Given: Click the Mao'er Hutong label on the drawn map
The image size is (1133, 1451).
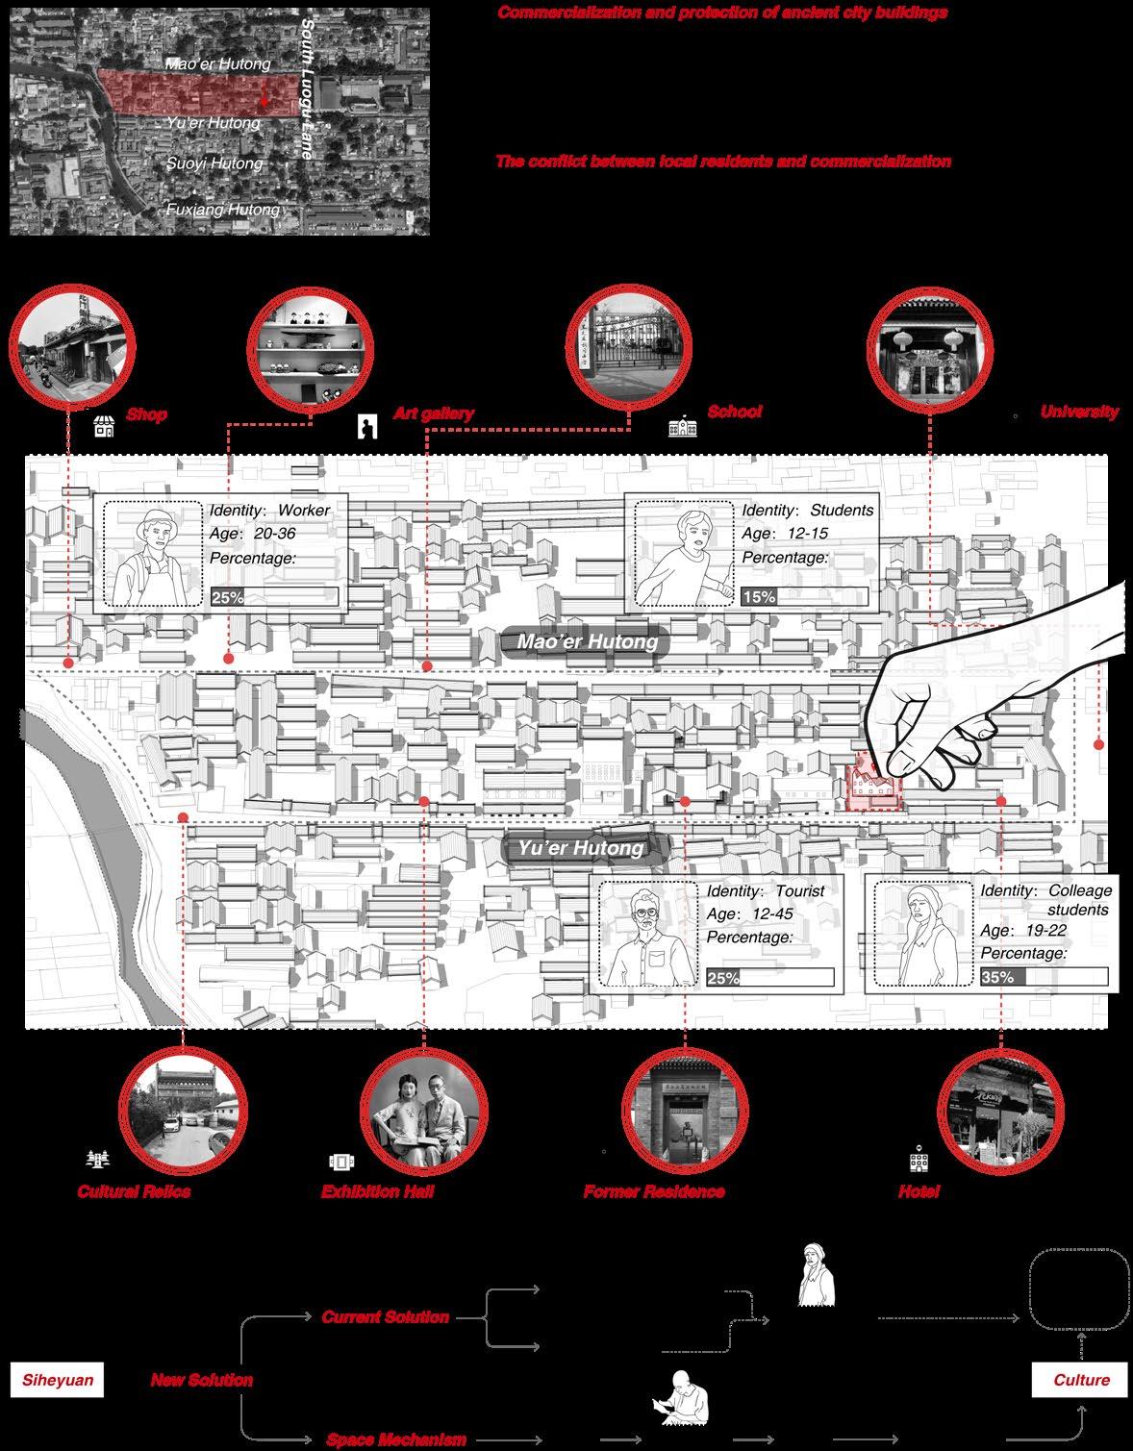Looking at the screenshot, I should (587, 642).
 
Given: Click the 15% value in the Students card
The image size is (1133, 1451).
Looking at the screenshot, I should (759, 597).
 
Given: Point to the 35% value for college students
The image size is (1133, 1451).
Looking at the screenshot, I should (998, 977).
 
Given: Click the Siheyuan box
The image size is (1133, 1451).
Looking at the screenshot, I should (59, 1380).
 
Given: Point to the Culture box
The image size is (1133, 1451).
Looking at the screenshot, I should (1081, 1380).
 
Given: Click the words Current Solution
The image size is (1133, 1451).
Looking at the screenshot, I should (385, 1316).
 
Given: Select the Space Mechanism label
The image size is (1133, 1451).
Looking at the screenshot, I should (396, 1439).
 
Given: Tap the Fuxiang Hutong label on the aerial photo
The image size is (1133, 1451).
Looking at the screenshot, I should (223, 210).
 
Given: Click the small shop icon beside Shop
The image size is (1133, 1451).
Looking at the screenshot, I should (104, 426).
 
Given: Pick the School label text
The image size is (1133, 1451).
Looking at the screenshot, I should (734, 412).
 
